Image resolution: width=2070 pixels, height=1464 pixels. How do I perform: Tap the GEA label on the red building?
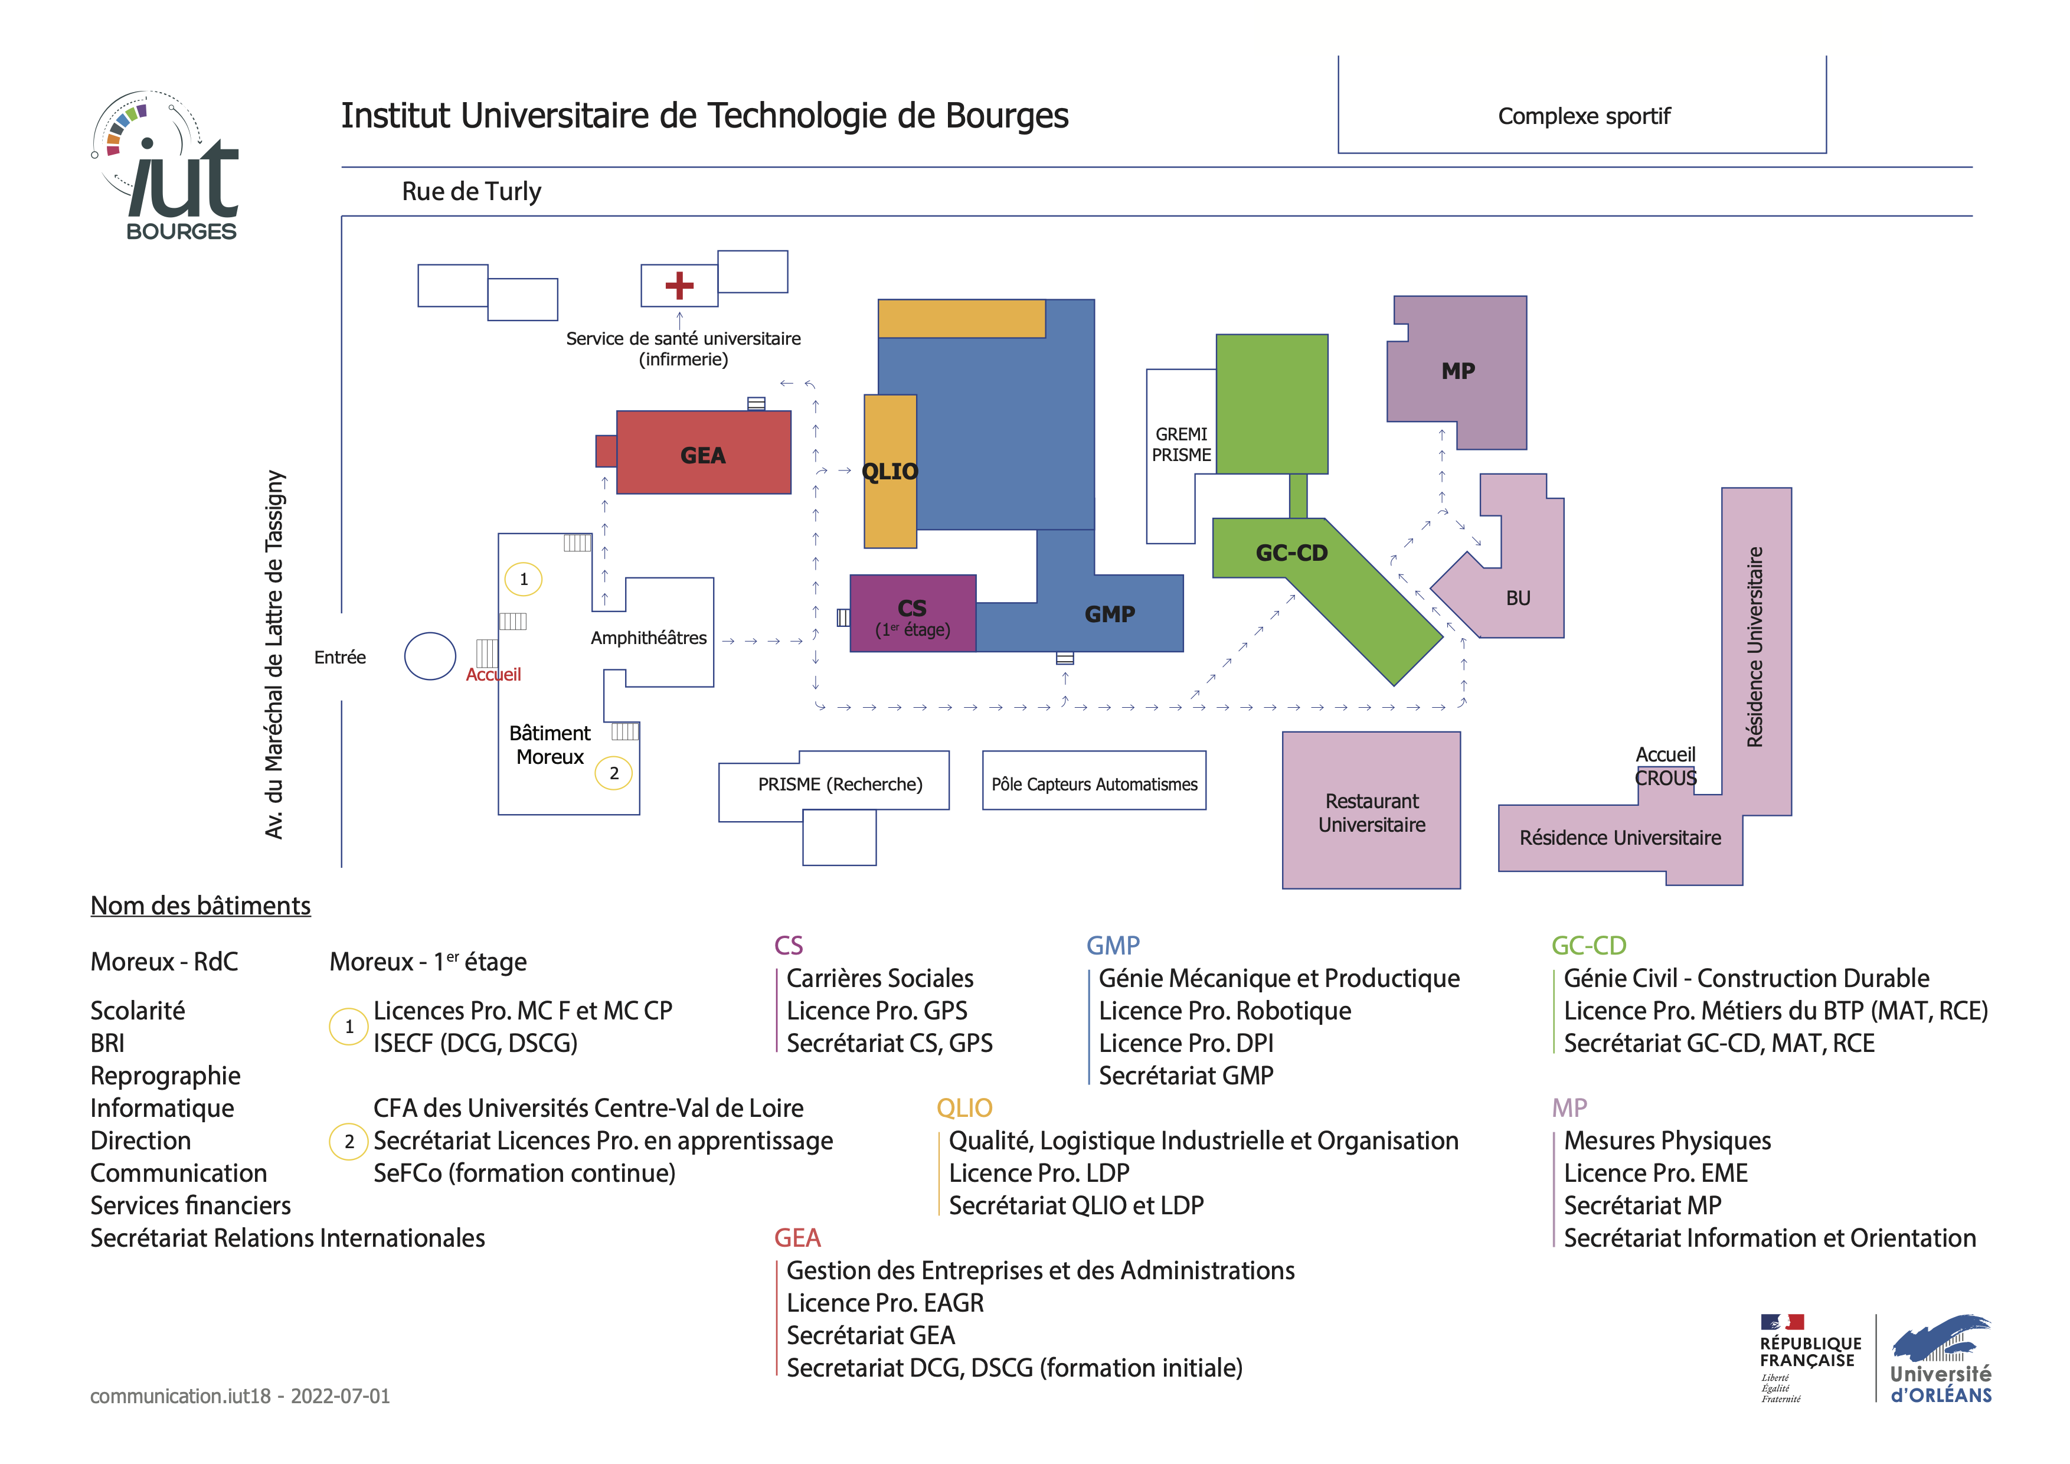pos(702,455)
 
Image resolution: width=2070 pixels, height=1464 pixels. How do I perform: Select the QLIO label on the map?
pos(890,472)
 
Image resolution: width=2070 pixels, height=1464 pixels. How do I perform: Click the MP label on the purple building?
pos(1458,371)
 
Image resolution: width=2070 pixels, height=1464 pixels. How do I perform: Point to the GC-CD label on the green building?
pos(1291,553)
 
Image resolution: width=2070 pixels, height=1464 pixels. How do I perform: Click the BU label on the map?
pos(1518,599)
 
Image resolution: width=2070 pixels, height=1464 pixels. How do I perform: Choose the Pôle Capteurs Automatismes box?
pos(1094,785)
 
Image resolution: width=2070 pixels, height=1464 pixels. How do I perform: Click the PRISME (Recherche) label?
pos(839,785)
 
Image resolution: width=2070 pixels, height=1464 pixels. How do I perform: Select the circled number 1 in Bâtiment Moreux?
pos(524,579)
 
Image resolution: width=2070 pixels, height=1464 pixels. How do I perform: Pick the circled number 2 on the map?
pos(614,773)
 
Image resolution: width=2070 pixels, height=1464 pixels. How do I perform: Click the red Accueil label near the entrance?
pos(493,674)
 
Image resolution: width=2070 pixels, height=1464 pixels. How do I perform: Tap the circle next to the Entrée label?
pos(430,656)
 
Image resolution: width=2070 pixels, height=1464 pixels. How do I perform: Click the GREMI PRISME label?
pos(1181,445)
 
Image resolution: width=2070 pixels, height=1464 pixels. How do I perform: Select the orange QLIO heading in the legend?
pos(964,1108)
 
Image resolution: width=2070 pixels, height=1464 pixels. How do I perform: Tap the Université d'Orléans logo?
pos(1940,1360)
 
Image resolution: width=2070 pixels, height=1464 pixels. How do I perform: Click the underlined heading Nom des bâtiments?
pos(200,905)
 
